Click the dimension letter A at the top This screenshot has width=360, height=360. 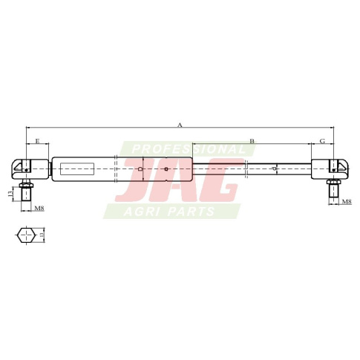point(180,125)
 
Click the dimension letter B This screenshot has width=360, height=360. point(252,141)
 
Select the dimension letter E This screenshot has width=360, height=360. point(37,141)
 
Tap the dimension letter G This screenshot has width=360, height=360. point(322,141)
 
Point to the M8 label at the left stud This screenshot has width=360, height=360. point(39,208)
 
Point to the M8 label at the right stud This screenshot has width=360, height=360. point(347,201)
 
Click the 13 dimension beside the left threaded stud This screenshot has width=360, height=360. point(10,194)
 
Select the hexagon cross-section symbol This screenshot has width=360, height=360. point(26,235)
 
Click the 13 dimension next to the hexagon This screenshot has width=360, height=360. point(42,234)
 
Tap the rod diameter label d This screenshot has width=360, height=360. point(274,169)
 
